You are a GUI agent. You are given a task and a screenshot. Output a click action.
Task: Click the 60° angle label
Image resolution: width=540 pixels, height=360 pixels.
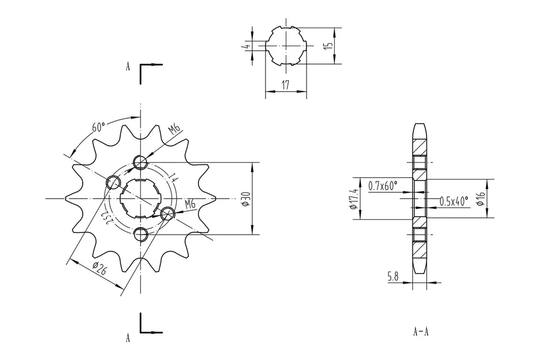99,127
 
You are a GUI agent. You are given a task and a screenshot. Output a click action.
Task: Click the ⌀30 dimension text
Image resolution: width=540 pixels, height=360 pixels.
245,199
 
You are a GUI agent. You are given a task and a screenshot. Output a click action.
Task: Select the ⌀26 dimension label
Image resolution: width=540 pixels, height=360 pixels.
100,269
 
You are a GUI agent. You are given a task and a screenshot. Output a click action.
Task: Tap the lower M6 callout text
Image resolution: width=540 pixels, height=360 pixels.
190,204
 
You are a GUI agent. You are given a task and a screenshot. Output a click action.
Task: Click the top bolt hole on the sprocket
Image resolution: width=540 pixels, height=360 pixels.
141,163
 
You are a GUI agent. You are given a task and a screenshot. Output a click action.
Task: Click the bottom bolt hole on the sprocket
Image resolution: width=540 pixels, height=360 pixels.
141,234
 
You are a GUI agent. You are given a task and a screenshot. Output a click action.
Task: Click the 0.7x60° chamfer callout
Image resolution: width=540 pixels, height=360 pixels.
382,185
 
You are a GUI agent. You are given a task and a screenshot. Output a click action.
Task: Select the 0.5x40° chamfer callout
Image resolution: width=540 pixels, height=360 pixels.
453,201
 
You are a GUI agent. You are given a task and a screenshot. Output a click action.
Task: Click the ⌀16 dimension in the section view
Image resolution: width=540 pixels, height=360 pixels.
480,199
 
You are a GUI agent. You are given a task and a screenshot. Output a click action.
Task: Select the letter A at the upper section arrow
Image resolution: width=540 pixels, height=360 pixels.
128,66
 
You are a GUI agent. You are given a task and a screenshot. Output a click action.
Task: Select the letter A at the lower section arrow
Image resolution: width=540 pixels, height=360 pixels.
128,338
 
